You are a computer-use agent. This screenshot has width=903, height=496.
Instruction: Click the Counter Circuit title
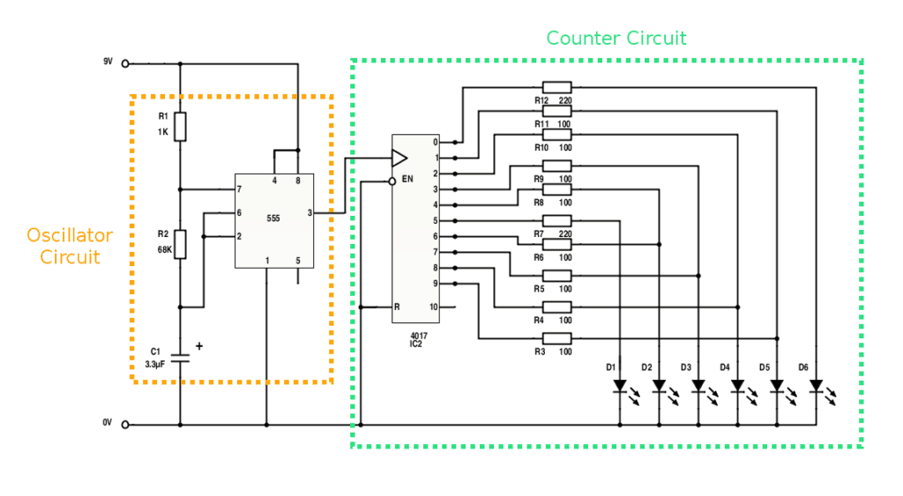tap(616, 38)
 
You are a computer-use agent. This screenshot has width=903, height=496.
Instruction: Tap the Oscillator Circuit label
tap(69, 246)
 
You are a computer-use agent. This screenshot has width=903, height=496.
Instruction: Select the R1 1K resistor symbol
tap(180, 127)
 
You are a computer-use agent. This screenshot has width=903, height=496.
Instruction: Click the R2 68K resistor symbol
tap(180, 244)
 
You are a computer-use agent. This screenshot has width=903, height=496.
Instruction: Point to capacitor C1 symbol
tap(180, 359)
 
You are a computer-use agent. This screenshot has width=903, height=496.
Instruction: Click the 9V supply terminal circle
tap(124, 63)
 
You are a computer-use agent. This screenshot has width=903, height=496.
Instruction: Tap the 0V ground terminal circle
tap(124, 425)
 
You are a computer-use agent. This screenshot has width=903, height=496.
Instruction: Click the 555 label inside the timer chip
tap(273, 218)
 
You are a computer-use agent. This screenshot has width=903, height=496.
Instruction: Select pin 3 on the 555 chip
tap(310, 212)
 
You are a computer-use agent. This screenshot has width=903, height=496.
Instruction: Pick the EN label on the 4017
tap(407, 179)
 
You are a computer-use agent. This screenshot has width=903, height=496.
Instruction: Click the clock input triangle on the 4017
tap(399, 159)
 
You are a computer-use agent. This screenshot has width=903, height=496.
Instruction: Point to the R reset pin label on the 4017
tap(397, 307)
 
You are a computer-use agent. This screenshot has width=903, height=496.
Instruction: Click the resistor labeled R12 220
tap(556, 87)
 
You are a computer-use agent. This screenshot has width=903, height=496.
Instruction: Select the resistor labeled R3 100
tap(556, 338)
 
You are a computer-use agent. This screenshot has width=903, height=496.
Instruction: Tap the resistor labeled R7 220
tap(556, 220)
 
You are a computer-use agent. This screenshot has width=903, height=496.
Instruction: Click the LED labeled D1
tap(620, 386)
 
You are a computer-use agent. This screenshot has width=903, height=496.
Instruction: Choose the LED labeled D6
tap(816, 386)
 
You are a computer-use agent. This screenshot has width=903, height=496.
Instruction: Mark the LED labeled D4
tap(737, 386)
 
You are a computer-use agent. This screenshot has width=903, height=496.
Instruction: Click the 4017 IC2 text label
tap(420, 340)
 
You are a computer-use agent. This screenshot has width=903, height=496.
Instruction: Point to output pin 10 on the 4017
tap(433, 307)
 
